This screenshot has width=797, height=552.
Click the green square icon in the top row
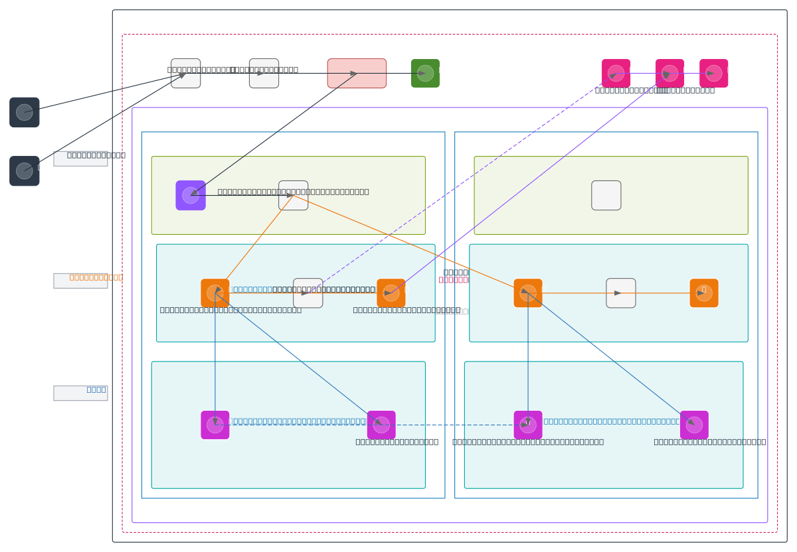425,73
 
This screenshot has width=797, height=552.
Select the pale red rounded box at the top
357,73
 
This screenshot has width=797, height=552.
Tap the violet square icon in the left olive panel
191,195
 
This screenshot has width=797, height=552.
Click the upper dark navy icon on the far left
25,112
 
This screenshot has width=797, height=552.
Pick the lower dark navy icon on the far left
25,171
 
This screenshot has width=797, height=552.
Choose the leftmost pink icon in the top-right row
616,73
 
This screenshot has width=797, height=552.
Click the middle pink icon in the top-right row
669,73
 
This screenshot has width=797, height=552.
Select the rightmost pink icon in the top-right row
713,73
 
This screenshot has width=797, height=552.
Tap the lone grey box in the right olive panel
606,195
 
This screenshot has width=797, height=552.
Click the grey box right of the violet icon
293,195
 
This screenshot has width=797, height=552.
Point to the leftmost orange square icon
215,293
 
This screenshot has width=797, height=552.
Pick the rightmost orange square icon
704,293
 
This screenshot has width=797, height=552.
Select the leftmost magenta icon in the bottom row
215,425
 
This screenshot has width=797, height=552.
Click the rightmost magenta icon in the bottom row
694,425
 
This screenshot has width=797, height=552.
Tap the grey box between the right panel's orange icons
621,293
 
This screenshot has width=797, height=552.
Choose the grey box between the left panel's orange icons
308,293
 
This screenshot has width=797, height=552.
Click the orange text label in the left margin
96,277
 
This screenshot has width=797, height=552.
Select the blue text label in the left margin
96,389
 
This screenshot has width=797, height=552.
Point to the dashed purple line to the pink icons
465,181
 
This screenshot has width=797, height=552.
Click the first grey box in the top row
185,73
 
